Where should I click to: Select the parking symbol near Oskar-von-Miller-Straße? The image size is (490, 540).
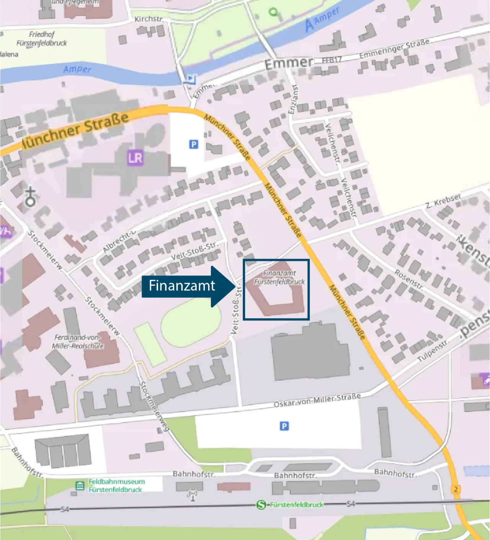(284, 426)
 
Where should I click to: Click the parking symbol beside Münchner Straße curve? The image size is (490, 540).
(194, 144)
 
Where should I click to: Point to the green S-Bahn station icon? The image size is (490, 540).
(261, 505)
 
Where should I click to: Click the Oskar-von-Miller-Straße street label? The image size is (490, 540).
(317, 400)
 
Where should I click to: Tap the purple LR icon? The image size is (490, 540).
(135, 158)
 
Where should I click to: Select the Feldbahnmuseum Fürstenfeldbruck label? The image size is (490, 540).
(116, 486)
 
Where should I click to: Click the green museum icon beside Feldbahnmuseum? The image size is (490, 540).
(80, 486)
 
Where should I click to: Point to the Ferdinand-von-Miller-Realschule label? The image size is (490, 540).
(78, 342)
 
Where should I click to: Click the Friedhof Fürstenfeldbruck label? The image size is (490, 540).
(42, 39)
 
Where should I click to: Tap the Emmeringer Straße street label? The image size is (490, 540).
(394, 49)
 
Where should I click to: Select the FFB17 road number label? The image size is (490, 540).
(332, 60)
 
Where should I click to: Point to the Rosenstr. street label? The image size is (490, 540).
(409, 280)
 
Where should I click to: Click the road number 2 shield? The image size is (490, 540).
(456, 489)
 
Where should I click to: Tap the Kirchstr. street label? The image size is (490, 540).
(149, 19)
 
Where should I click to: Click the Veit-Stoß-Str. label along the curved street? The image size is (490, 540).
(194, 251)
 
